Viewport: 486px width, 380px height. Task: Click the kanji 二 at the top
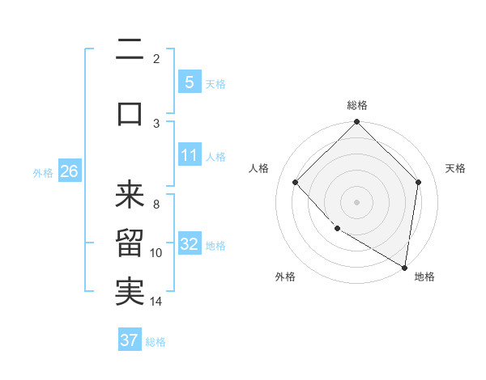pos(130,51)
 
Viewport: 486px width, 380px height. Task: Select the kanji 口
pos(130,114)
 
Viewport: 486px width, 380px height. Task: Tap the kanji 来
pos(130,194)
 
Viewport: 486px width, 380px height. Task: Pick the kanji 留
pos(130,243)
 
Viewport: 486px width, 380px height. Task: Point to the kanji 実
pos(130,291)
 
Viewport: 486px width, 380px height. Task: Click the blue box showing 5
pos(189,82)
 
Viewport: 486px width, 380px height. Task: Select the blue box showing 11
pos(189,155)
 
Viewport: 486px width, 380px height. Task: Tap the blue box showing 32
pos(189,244)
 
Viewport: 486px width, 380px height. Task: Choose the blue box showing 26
pos(69,171)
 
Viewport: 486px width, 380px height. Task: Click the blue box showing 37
pos(130,340)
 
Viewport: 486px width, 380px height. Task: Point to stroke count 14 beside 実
pos(156,302)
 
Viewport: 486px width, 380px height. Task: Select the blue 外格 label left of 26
pos(43,172)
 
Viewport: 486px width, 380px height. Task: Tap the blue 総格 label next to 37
pos(156,341)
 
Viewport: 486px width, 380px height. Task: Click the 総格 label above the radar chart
pos(356,105)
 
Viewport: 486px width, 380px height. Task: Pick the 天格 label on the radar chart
pos(455,168)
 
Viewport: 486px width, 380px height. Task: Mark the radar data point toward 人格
pos(296,183)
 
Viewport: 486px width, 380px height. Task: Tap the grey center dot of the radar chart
pos(356,202)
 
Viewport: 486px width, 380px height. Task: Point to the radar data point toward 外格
pos(337,229)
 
